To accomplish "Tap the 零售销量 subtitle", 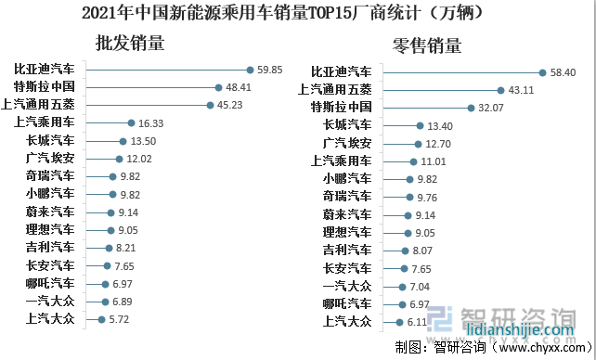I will (427, 45).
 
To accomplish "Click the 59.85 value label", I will (270, 70).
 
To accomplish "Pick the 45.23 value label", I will (228, 105).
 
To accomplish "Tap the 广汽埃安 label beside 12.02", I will (52, 158).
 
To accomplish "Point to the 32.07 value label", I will (492, 108).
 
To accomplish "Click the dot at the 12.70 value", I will (418, 144).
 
